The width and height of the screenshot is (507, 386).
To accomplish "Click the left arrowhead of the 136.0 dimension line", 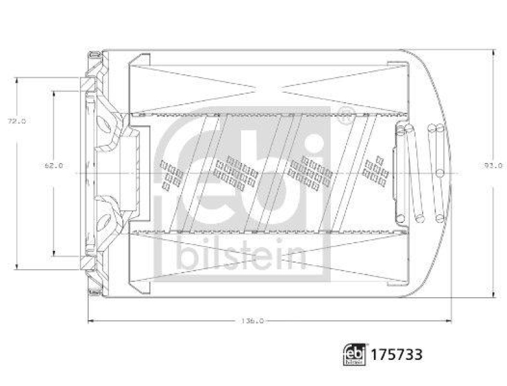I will [91, 321].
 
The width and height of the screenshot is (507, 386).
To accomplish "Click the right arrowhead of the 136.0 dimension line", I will [448, 321].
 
